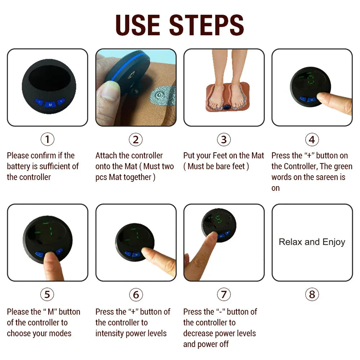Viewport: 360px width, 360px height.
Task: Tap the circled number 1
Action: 47,139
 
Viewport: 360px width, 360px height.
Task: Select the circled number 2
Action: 135,139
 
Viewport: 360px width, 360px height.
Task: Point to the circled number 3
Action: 224,139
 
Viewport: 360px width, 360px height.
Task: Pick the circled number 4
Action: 312,139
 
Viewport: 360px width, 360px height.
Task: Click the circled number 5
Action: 47,294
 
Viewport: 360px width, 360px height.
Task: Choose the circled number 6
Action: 135,294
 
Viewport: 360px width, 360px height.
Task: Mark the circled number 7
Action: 224,294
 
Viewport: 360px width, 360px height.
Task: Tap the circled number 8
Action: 312,294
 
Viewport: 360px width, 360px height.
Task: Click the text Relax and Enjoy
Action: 312,242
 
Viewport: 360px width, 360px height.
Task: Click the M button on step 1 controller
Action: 50,104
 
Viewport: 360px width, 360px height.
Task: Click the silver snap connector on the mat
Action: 158,95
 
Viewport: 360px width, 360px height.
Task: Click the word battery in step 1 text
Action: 22,166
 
